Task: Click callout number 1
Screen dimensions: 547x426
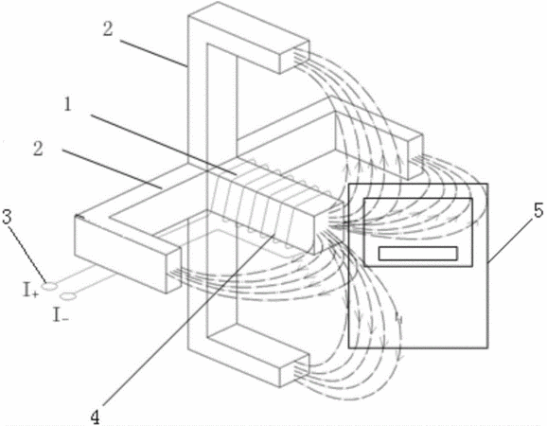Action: [x=68, y=104]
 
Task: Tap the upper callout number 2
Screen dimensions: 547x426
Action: [x=108, y=29]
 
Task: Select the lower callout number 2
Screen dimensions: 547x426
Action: [x=38, y=149]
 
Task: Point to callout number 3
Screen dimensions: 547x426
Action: [x=7, y=217]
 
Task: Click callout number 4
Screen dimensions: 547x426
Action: [x=95, y=417]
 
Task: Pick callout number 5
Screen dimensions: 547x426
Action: [x=538, y=211]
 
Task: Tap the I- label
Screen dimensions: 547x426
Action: [x=61, y=314]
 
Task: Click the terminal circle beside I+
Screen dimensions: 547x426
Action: [x=49, y=287]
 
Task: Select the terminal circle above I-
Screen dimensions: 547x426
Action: [x=68, y=296]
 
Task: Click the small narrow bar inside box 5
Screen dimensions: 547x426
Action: [x=418, y=254]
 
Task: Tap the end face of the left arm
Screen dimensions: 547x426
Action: [x=174, y=270]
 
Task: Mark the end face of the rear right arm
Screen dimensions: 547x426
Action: [x=415, y=157]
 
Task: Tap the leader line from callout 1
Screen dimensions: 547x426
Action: [x=163, y=144]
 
